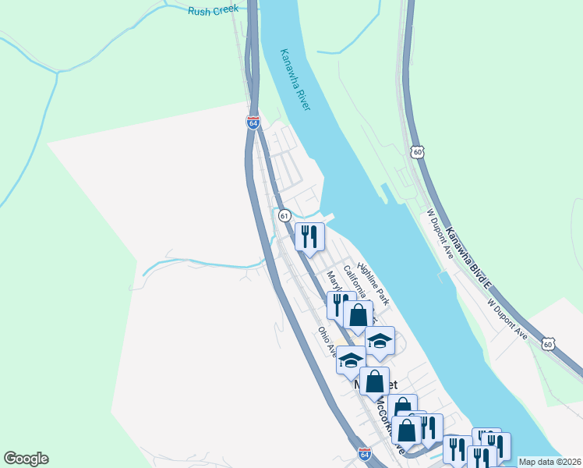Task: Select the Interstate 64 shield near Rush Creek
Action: [253, 122]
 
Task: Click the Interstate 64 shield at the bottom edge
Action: [364, 454]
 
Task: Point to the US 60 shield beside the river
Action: [419, 151]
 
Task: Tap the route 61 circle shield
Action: [284, 214]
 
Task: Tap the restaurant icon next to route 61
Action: [309, 236]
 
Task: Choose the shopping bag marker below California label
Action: [358, 315]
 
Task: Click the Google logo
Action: [26, 459]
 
